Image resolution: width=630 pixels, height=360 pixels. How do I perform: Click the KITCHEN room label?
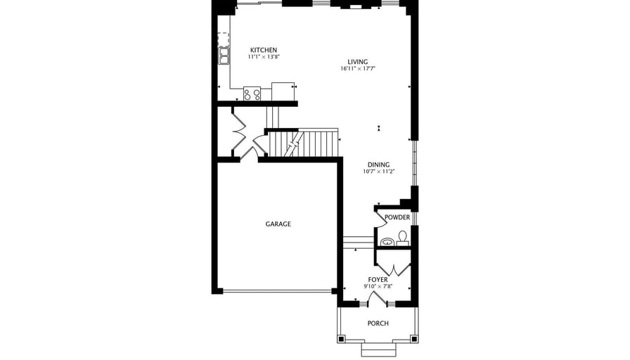[264, 50]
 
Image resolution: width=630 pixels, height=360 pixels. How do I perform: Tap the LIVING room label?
[358, 62]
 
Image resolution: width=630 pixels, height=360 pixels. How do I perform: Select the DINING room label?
[378, 165]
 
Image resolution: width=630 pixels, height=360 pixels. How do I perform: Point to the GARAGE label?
[278, 224]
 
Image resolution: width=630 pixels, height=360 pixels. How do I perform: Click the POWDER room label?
[397, 217]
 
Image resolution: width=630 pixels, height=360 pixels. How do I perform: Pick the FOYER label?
[378, 280]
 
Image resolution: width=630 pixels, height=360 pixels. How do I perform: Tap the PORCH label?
[378, 323]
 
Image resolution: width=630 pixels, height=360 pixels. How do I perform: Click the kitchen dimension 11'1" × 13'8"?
[264, 57]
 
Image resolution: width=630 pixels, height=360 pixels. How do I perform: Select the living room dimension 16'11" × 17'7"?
[358, 69]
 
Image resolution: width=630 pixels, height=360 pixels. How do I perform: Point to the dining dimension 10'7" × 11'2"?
[379, 172]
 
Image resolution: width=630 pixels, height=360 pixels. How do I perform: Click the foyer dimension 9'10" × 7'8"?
[378, 286]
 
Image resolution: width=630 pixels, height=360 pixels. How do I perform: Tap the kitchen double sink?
[224, 56]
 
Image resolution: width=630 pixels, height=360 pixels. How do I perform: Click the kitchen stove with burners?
[252, 94]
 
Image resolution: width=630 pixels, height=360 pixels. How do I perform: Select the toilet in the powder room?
[403, 238]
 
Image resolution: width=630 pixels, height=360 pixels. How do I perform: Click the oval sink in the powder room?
[387, 242]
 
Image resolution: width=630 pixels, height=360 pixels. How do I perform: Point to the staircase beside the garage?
[303, 144]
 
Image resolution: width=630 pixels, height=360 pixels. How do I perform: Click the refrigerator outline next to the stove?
[283, 91]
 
